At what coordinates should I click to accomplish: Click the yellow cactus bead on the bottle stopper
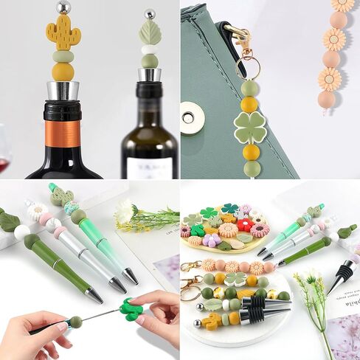[x=63, y=33]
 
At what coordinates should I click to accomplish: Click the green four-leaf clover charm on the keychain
[x=250, y=127]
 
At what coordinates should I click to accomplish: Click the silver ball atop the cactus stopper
[x=64, y=7]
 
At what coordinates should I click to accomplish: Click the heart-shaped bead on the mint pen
[x=61, y=197]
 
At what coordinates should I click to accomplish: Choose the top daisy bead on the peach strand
[x=342, y=5]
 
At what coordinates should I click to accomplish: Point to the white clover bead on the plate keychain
[x=235, y=279]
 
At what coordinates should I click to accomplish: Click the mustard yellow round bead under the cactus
[x=63, y=72]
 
